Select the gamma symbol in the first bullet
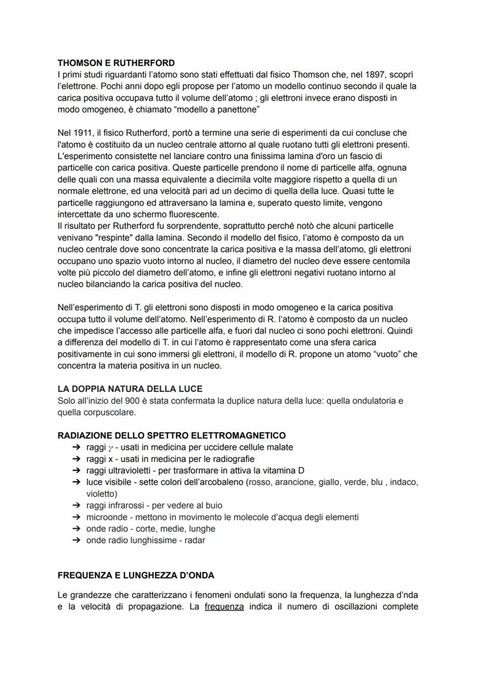tap(111, 447)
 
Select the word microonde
tap(106, 517)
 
